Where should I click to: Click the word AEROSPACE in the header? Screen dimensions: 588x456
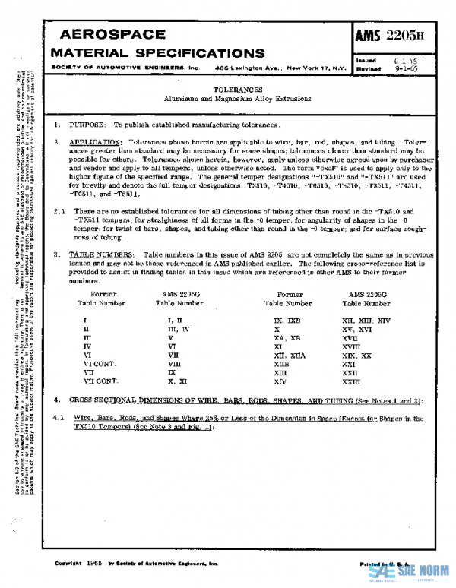coord(111,35)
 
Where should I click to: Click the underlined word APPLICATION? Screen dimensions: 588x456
coord(95,142)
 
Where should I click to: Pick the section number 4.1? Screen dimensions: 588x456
coord(61,418)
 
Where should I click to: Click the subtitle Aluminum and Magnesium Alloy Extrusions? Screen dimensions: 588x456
coord(233,100)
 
